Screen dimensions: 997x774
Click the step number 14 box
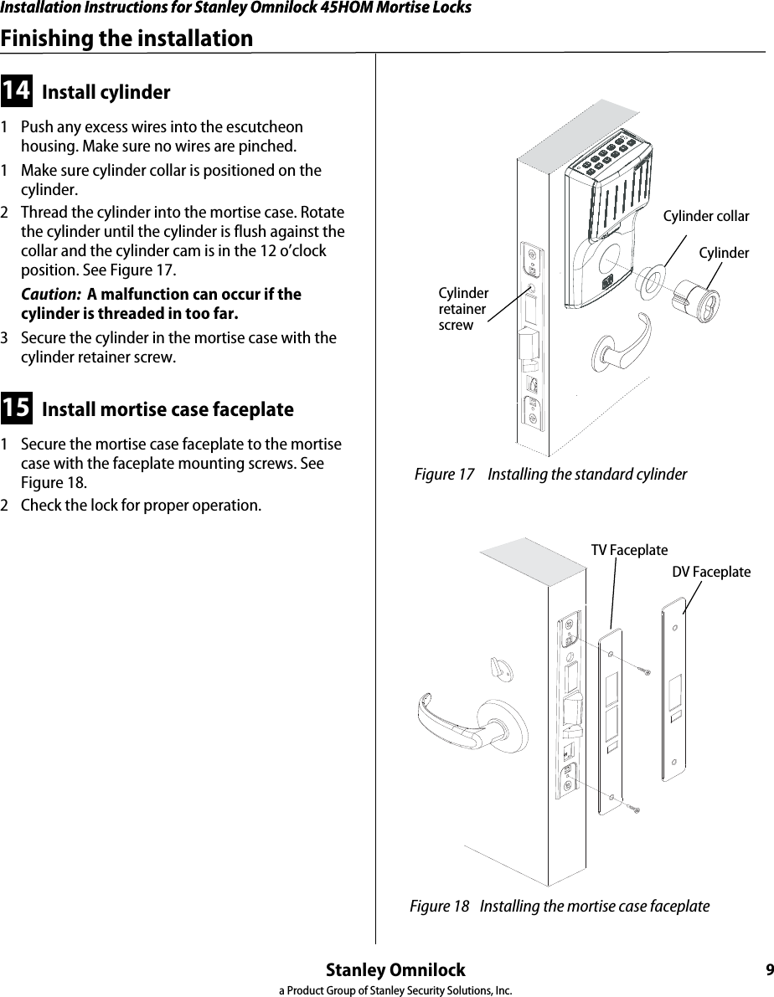17,90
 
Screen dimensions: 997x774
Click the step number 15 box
17,409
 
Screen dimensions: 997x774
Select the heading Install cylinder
106,92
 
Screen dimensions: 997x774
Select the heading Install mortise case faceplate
168,410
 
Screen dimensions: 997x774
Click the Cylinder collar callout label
705,217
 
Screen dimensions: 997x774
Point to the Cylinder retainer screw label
463,309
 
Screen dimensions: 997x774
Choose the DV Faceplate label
711,572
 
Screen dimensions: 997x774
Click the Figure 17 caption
550,475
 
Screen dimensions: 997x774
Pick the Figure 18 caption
559,907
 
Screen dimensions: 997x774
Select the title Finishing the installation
126,39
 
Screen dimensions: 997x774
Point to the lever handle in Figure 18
457,719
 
